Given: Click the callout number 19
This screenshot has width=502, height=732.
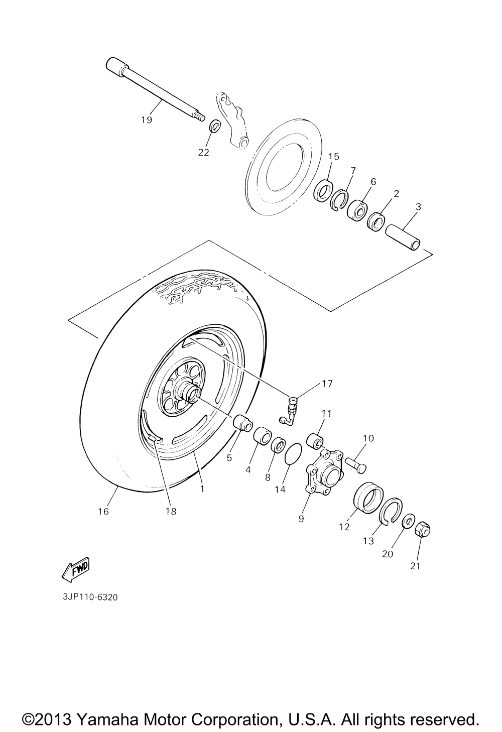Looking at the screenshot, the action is point(147,120).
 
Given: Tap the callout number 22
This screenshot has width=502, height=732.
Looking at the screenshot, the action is point(203,152).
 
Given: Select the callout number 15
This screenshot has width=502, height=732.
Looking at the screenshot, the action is point(334,156).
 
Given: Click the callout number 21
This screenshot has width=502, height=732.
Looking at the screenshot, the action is point(415,566).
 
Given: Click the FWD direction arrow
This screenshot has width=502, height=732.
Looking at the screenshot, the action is point(75,570).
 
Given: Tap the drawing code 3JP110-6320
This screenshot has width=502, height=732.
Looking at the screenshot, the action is point(90,597).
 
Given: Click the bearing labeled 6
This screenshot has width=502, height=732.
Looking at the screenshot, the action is point(358,209).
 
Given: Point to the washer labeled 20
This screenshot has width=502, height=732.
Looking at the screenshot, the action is point(408,521).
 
